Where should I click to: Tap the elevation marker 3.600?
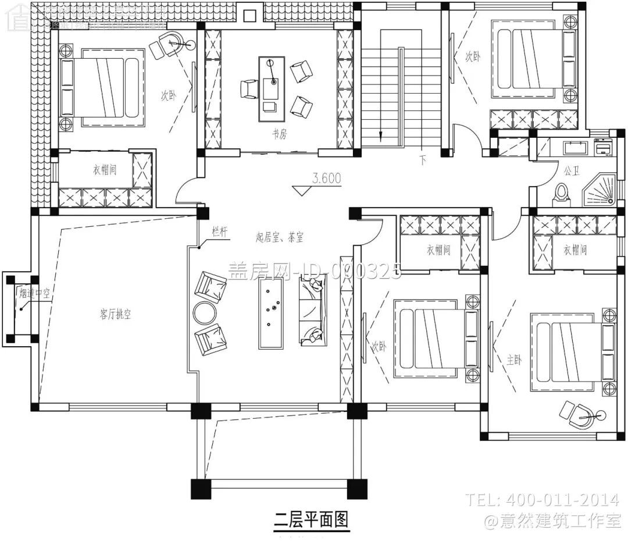click(326, 179)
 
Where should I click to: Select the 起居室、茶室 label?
click(280, 237)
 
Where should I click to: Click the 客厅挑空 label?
click(115, 314)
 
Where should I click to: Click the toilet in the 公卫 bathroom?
click(562, 193)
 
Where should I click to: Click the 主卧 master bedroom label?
click(514, 360)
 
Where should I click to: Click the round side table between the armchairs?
click(205, 314)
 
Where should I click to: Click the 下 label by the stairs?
click(422, 161)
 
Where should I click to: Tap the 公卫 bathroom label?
click(569, 172)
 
